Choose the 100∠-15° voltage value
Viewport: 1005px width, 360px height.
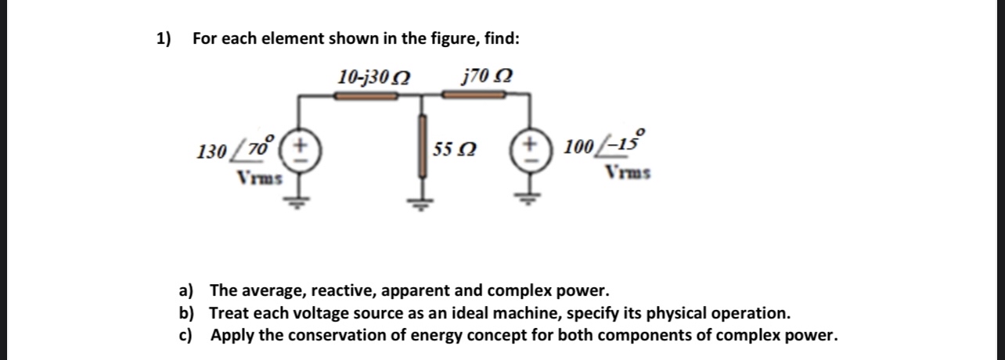click(x=599, y=146)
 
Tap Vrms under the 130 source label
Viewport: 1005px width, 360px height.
click(x=259, y=177)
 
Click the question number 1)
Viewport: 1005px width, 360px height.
click(x=164, y=38)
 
